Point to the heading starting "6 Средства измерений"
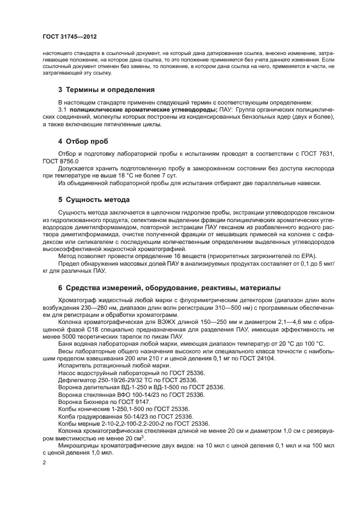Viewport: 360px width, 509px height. [169, 287]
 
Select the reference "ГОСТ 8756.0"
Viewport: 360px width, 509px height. [61, 161]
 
